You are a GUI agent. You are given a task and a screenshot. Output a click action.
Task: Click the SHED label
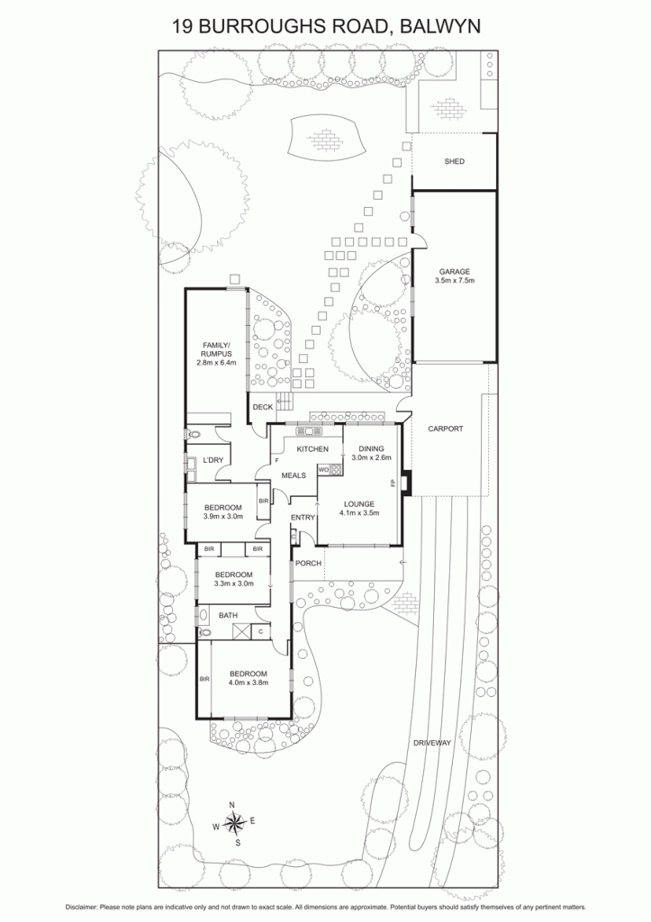click(454, 161)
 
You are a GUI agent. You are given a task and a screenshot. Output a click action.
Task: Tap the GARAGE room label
click(455, 272)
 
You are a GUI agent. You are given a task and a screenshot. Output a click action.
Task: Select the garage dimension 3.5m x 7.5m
click(455, 281)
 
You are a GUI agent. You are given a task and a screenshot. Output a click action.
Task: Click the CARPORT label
click(445, 429)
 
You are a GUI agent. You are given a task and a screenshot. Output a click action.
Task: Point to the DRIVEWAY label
click(431, 743)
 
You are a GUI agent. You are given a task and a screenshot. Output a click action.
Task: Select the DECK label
click(262, 407)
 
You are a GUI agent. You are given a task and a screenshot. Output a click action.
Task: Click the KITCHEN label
click(312, 449)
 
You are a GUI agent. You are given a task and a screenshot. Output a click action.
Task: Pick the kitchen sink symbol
click(310, 430)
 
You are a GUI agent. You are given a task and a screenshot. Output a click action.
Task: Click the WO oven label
click(323, 470)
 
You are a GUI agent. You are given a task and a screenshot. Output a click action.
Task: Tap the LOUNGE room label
click(359, 504)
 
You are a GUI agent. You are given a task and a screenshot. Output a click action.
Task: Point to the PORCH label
click(308, 564)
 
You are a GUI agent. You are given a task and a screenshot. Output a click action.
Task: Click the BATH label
click(228, 616)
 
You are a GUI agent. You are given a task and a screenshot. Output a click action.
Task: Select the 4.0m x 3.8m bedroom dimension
click(249, 682)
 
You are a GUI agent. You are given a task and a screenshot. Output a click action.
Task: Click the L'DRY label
click(212, 460)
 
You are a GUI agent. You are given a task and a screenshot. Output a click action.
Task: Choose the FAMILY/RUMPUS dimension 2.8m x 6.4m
click(216, 363)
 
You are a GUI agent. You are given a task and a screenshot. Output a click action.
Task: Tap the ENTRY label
click(303, 518)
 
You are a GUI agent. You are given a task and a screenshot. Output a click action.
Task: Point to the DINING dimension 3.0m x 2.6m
click(371, 457)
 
